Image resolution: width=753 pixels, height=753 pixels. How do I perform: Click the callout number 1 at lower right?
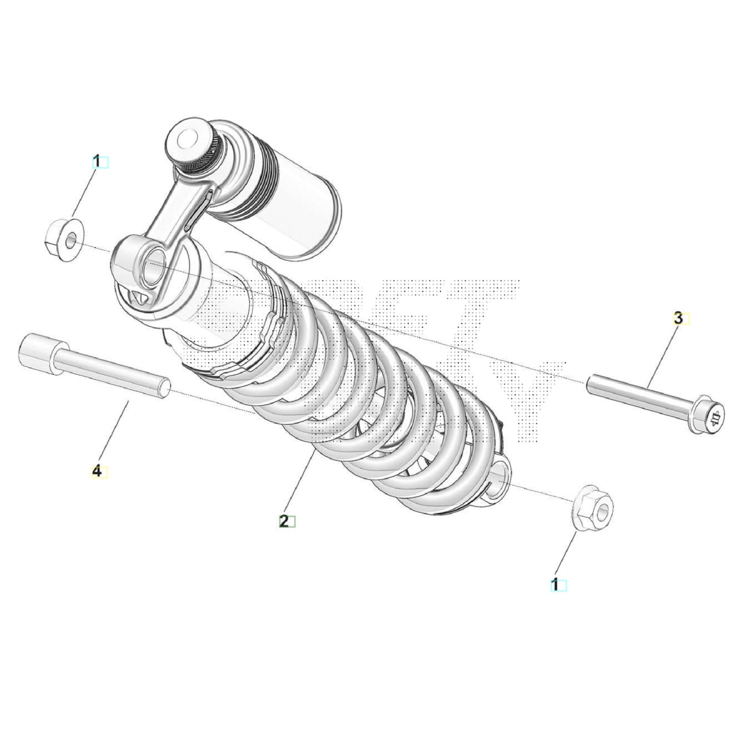pos(556,585)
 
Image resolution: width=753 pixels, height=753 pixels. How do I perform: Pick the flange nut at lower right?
pos(594,508)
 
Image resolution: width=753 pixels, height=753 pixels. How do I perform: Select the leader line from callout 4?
pos(113,430)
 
